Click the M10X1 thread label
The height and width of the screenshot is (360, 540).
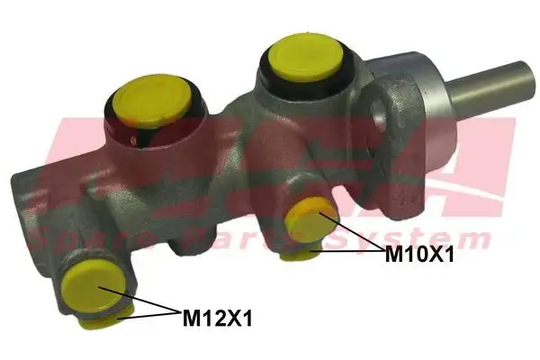coord(419,255)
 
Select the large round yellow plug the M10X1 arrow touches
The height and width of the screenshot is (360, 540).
coord(309,220)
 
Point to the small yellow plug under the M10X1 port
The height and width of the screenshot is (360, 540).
coord(298,255)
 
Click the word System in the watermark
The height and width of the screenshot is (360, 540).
coord(432,238)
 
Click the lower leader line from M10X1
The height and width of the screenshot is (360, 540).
coord(346,253)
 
